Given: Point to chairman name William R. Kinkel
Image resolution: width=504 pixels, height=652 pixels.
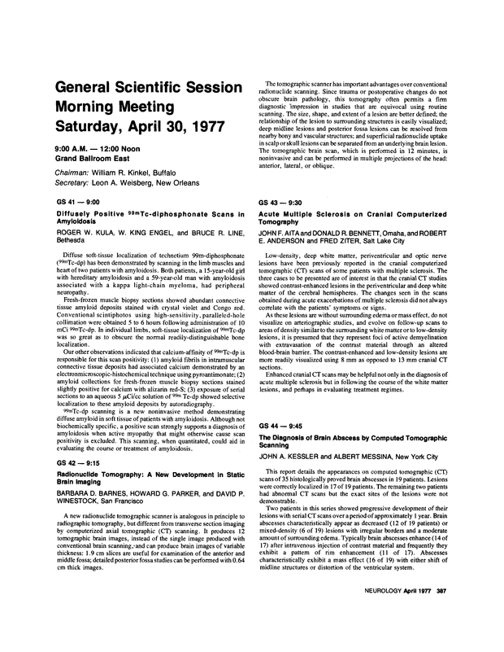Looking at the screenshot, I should point(139,176).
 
